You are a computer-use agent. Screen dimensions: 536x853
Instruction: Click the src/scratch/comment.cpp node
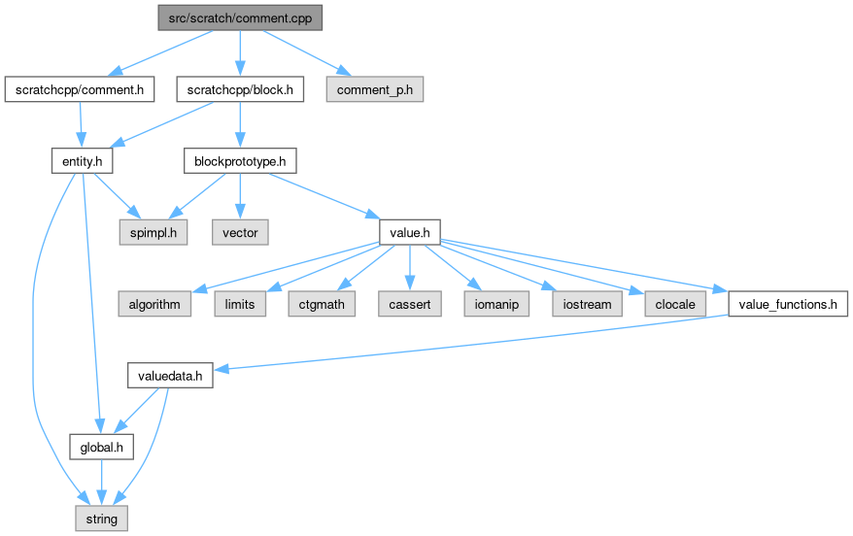tap(240, 17)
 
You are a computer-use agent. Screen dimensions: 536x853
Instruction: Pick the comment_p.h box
tap(375, 89)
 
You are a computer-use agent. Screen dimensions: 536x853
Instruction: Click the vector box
tap(240, 232)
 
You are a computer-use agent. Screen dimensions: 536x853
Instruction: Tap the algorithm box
tap(154, 304)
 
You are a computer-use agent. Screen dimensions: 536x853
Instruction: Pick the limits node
tap(239, 304)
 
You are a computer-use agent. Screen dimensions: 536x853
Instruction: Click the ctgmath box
tap(322, 304)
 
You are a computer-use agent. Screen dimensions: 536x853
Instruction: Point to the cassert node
tap(409, 304)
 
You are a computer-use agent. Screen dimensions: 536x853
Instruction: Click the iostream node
tap(587, 304)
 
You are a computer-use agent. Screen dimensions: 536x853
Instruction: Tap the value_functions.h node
tap(788, 304)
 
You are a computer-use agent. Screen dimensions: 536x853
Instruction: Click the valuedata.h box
tap(170, 376)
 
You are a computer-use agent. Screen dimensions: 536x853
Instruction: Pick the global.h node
tap(101, 447)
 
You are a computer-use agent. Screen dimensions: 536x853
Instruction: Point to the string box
tap(101, 519)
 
